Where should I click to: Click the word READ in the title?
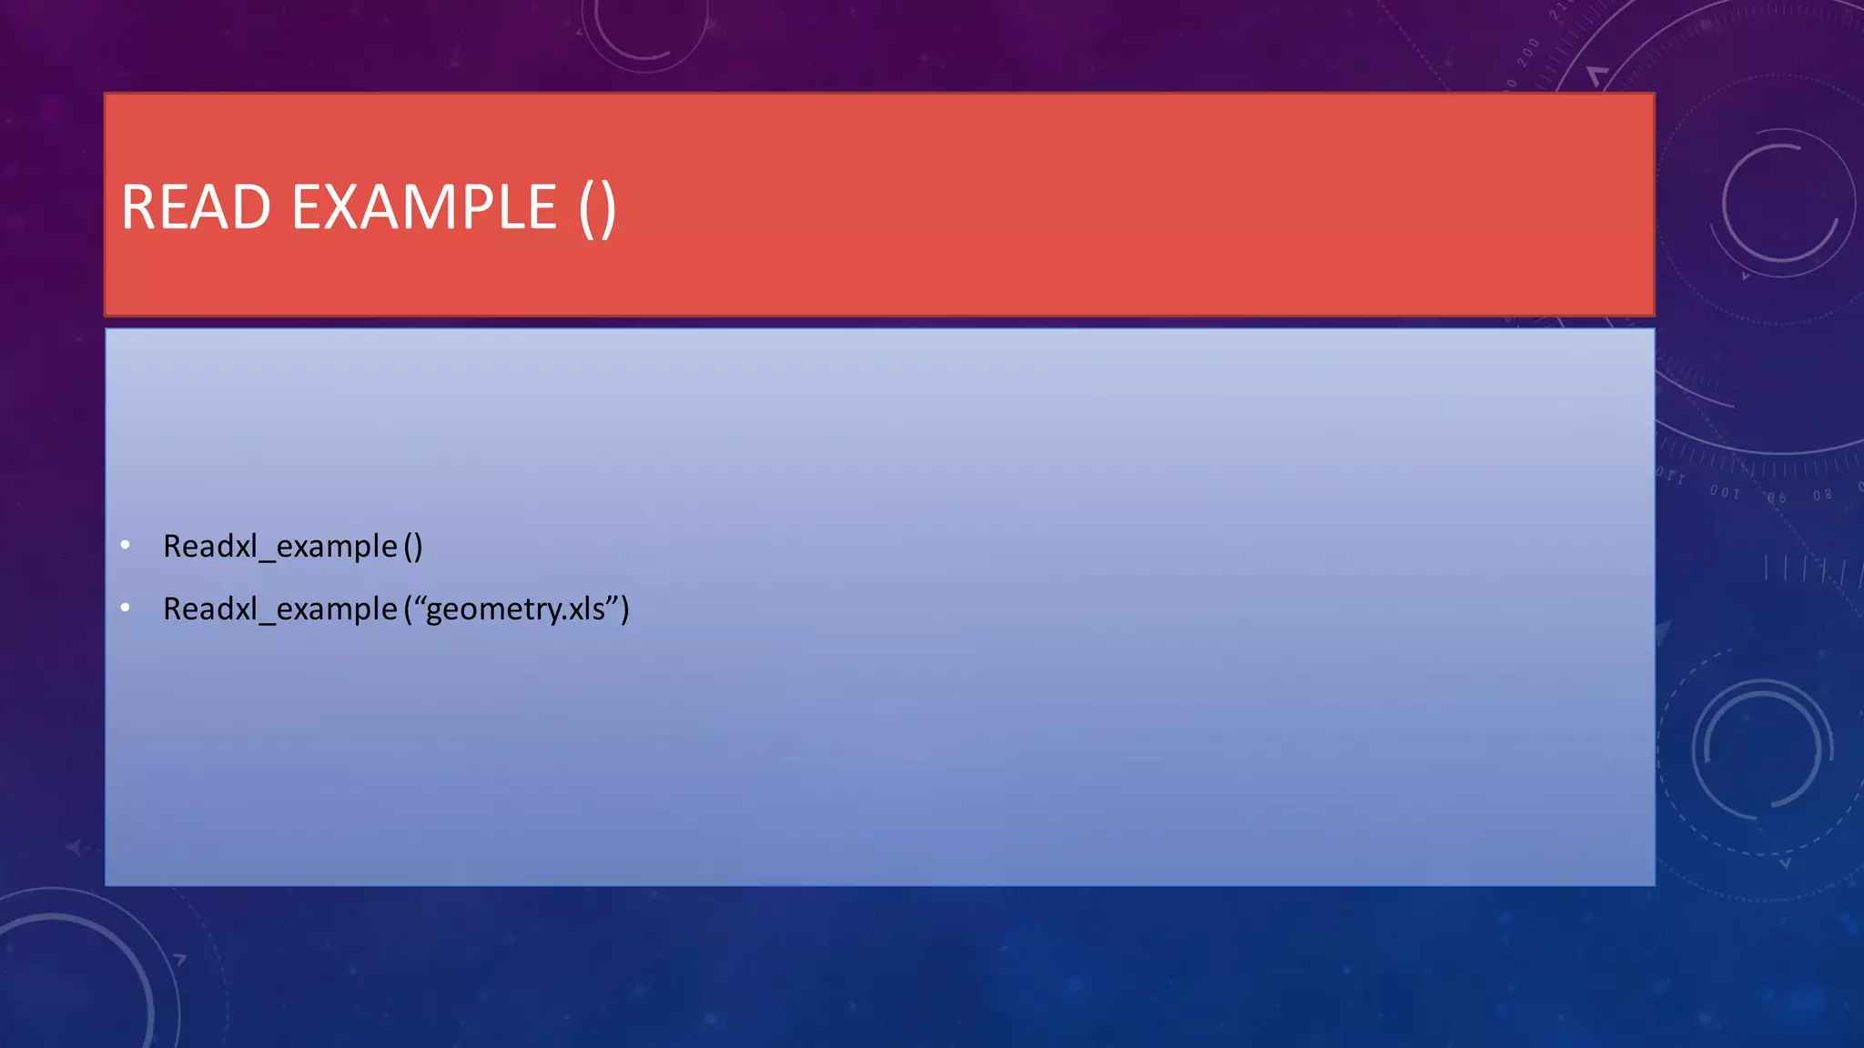[x=196, y=207]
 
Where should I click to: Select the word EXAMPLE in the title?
[x=423, y=207]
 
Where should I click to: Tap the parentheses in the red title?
[x=597, y=209]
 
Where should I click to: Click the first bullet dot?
[x=126, y=545]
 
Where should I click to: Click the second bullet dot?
[x=126, y=608]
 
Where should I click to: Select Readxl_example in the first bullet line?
[x=280, y=547]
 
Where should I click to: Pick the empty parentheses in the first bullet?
[x=413, y=547]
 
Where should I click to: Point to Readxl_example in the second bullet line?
[x=280, y=610]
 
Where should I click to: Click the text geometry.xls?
[x=515, y=610]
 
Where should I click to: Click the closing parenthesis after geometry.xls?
[x=624, y=610]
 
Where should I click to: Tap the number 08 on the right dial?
[x=1821, y=495]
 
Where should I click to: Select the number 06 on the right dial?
[x=1777, y=498]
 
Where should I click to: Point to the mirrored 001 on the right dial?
[x=1724, y=492]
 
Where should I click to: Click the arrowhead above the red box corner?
[x=1597, y=75]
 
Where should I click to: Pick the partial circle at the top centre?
[x=644, y=32]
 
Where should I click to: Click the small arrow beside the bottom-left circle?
[x=180, y=959]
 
